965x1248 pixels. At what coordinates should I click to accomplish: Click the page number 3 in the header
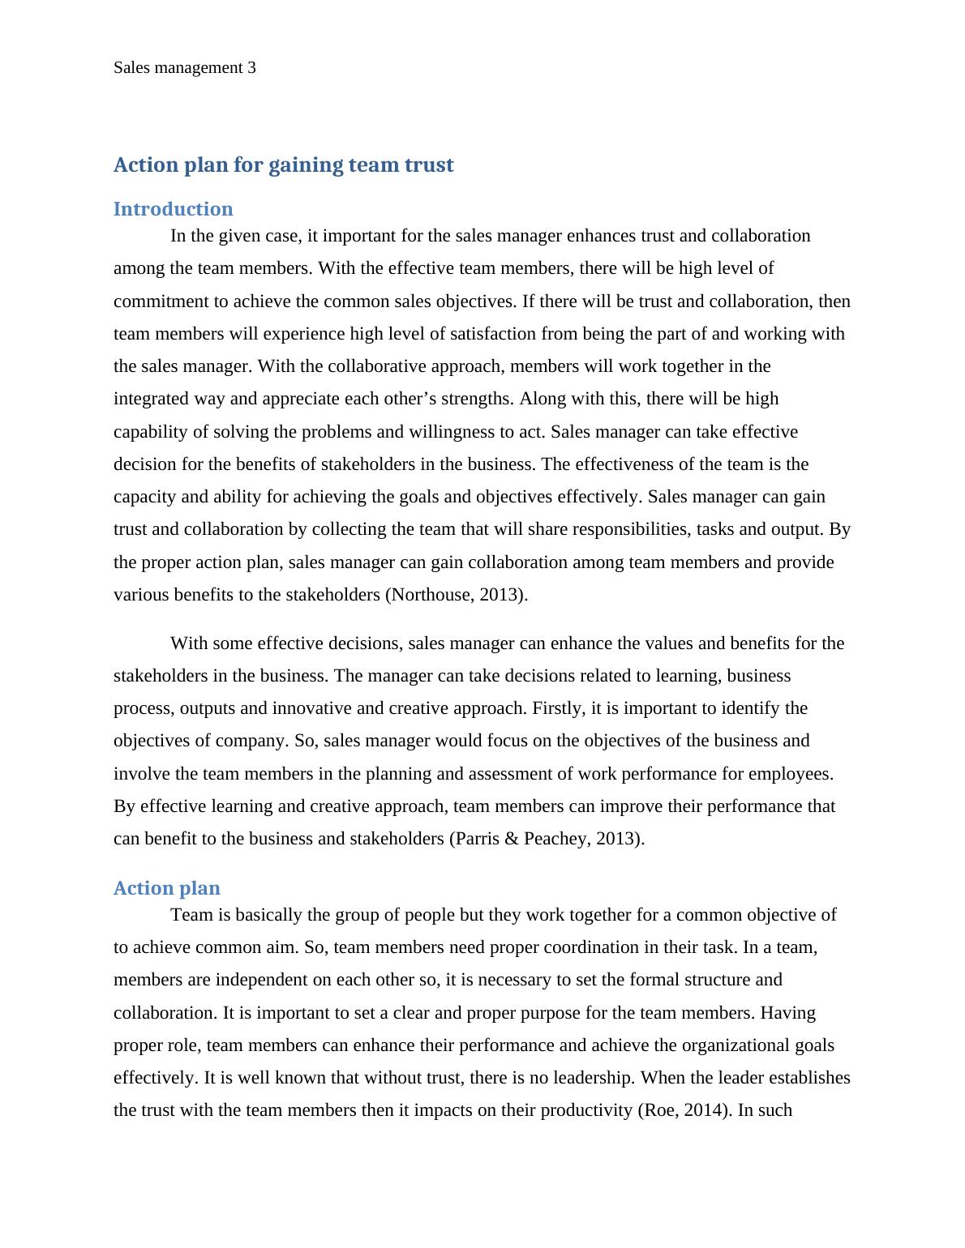click(251, 68)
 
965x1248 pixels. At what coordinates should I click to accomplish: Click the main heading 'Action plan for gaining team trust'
click(283, 165)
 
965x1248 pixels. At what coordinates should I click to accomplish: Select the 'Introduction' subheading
click(173, 209)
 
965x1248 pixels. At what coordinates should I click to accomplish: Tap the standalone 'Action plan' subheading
click(166, 888)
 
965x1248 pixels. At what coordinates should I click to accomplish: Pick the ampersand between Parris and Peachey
click(511, 839)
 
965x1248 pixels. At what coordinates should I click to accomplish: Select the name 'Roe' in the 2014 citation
click(658, 1110)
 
